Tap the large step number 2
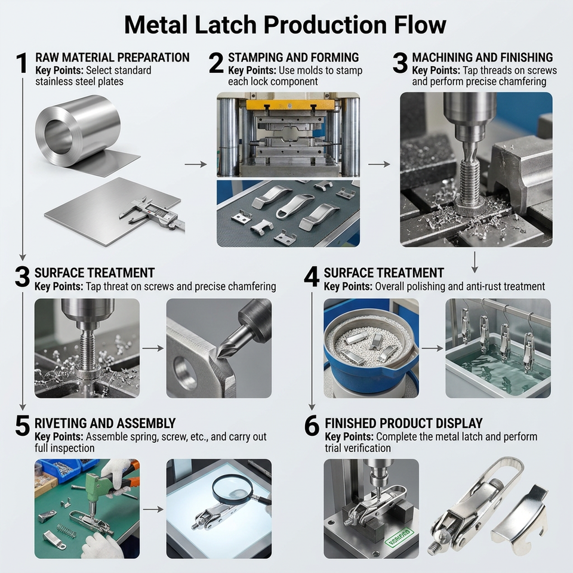216,63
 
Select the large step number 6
312,426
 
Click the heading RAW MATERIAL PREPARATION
113,57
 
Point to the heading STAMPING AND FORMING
294,57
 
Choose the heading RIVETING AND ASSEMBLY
105,423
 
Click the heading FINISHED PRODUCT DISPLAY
404,423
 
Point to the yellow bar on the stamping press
290,105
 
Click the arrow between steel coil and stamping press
196,165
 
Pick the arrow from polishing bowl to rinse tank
432,349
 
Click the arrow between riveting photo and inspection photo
153,509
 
